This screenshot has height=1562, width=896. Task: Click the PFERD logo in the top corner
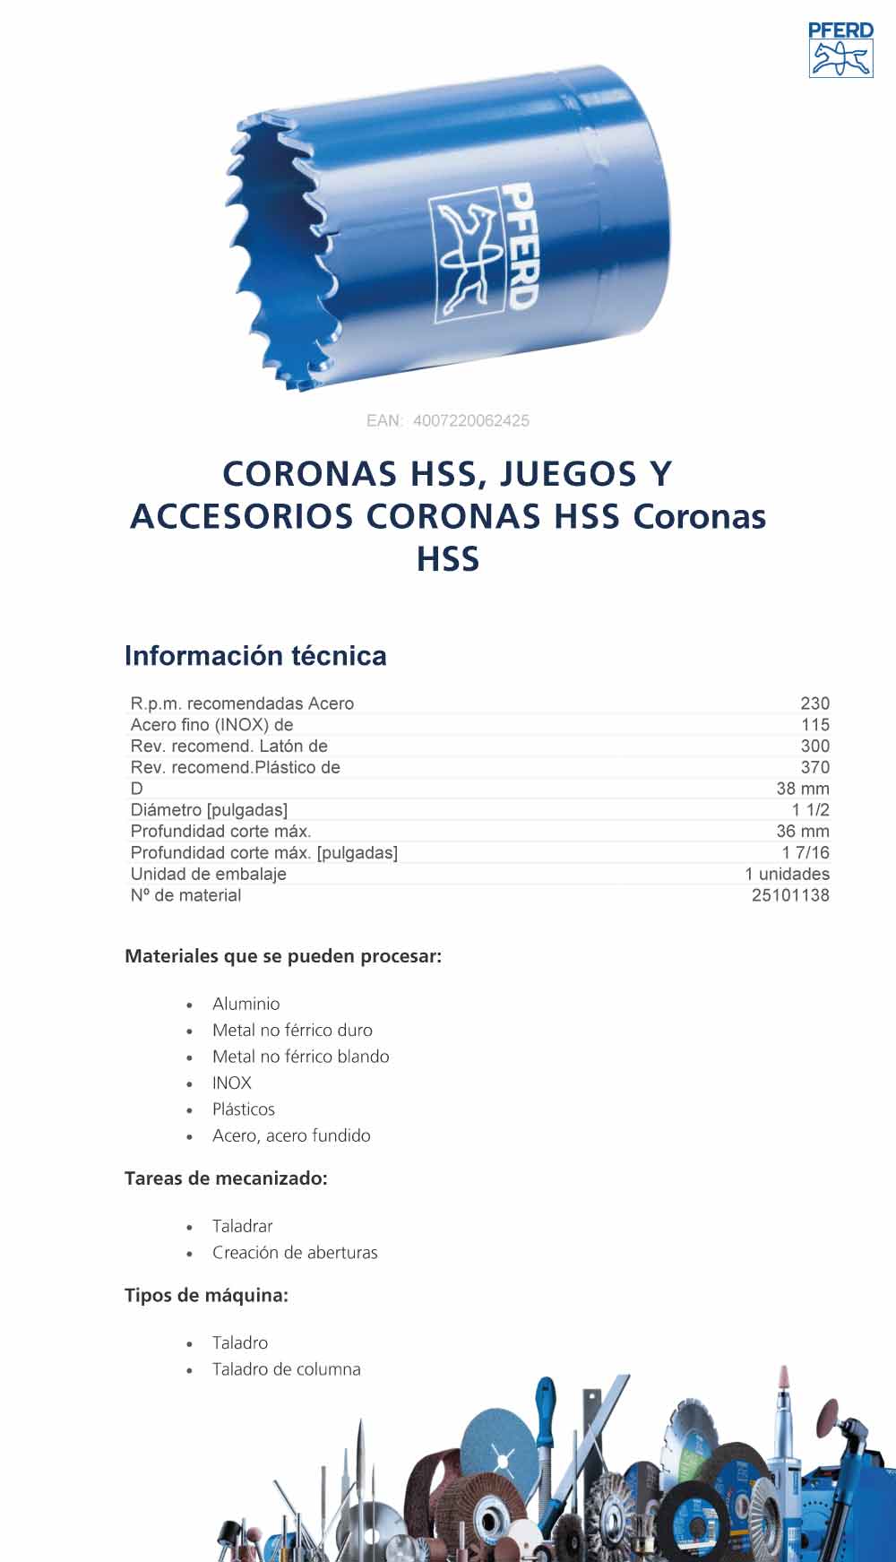pyautogui.click(x=840, y=50)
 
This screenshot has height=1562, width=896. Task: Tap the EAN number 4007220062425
pyautogui.click(x=471, y=420)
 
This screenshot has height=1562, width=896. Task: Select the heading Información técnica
pyautogui.click(x=255, y=656)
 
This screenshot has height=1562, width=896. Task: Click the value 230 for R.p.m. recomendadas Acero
pyautogui.click(x=814, y=703)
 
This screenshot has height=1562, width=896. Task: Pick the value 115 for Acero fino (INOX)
pyautogui.click(x=814, y=725)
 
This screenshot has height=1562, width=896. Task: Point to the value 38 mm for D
pyautogui.click(x=802, y=789)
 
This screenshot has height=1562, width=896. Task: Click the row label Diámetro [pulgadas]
pyautogui.click(x=209, y=810)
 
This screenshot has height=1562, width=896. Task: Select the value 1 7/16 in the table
pyautogui.click(x=805, y=852)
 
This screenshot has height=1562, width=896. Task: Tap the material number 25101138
pyautogui.click(x=789, y=895)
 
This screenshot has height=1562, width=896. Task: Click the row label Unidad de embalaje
pyautogui.click(x=208, y=874)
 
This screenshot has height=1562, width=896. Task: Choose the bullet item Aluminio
pyautogui.click(x=246, y=1004)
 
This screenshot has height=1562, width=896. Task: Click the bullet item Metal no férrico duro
pyautogui.click(x=292, y=1031)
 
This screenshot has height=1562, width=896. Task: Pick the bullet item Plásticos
pyautogui.click(x=243, y=1109)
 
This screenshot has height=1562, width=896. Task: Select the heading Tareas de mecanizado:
pyautogui.click(x=226, y=1178)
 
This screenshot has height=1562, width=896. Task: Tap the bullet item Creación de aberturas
pyautogui.click(x=295, y=1253)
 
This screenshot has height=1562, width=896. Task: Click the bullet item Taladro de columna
pyautogui.click(x=286, y=1369)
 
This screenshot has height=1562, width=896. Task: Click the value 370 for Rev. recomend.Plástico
pyautogui.click(x=814, y=767)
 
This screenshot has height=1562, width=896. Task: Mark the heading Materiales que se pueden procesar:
pyautogui.click(x=283, y=956)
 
